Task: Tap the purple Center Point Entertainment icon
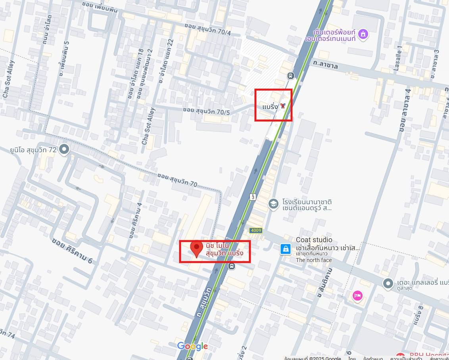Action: [x=363, y=34]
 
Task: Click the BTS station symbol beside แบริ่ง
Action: [x=282, y=106]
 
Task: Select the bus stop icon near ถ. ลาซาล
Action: [x=291, y=75]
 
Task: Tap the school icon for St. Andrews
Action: [x=273, y=204]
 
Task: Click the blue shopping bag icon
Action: [x=285, y=249]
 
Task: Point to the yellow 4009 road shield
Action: [x=256, y=230]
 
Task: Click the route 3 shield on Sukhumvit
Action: [x=253, y=196]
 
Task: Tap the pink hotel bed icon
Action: [x=358, y=296]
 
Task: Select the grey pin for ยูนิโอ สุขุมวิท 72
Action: [x=64, y=149]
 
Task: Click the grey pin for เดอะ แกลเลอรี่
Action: [x=388, y=283]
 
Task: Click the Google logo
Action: [x=192, y=346]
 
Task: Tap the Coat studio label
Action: [x=314, y=240]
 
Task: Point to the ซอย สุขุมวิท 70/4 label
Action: [x=208, y=29]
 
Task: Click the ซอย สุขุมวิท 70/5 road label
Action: [x=206, y=111]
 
